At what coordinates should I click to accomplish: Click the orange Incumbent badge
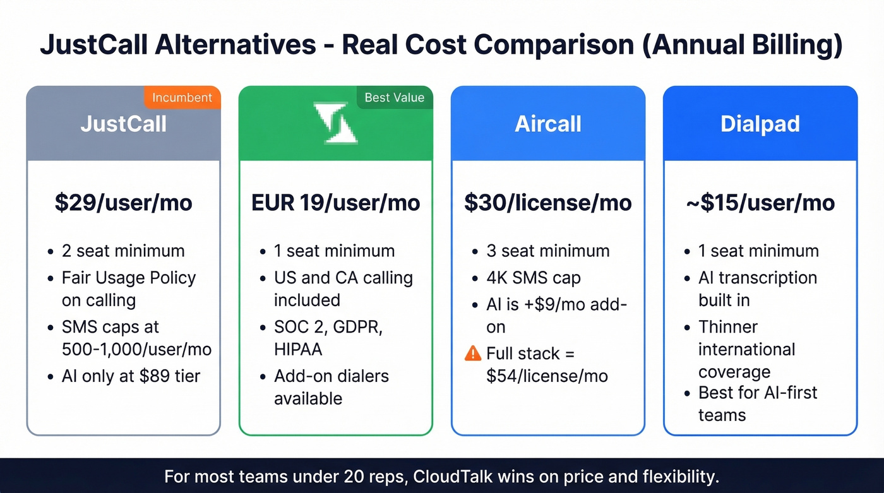[x=182, y=98]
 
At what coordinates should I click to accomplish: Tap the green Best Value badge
[x=395, y=98]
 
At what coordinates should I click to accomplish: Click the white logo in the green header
[x=335, y=123]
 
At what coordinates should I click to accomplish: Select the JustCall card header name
[x=124, y=124]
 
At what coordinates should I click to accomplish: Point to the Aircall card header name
[x=548, y=124]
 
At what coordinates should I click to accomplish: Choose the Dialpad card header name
[x=760, y=124]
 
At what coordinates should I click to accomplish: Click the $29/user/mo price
[x=124, y=203]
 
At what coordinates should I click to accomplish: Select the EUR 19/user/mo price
[x=335, y=203]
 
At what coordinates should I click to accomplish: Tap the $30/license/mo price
[x=548, y=203]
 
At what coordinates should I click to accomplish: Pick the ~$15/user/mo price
[x=760, y=203]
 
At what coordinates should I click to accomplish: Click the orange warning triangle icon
[x=472, y=353]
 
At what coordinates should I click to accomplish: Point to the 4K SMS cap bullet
[x=534, y=278]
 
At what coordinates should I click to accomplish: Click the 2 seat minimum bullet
[x=123, y=251]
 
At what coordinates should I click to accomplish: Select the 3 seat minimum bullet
[x=548, y=251]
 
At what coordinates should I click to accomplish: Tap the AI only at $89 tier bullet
[x=131, y=376]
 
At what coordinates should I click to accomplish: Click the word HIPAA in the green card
[x=299, y=349]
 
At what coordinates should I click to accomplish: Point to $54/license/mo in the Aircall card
[x=547, y=376]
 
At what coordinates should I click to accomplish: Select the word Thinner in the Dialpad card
[x=728, y=327]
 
